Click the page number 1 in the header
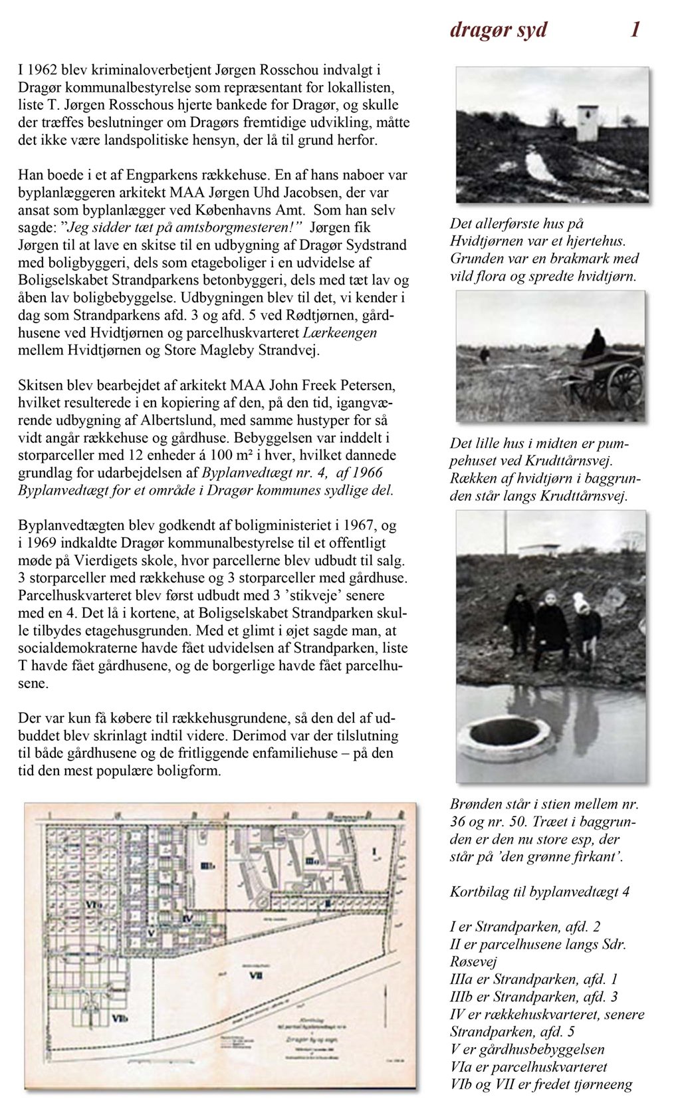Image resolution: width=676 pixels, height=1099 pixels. (x=635, y=30)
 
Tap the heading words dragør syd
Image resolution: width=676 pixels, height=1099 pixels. (x=499, y=30)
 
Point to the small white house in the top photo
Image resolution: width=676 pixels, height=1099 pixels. (x=586, y=123)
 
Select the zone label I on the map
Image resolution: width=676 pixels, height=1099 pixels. (x=374, y=852)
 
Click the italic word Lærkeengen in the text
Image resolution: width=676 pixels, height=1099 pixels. (x=340, y=332)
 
